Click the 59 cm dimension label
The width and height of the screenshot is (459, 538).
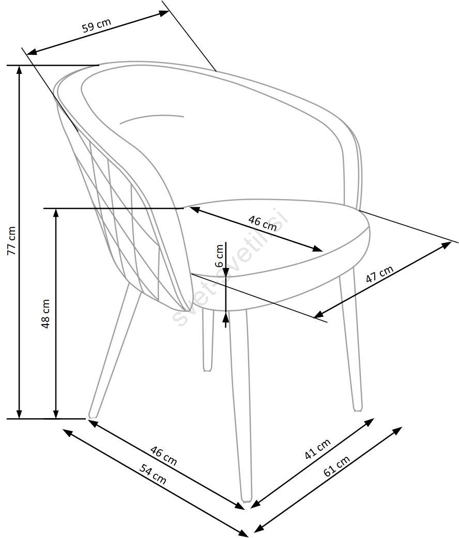[97, 26]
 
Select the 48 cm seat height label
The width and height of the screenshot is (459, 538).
[46, 314]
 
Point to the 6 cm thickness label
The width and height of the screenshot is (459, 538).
[220, 255]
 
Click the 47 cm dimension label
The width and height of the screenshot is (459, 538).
[380, 274]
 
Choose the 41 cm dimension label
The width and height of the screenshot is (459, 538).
[317, 449]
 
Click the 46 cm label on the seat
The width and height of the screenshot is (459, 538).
[263, 223]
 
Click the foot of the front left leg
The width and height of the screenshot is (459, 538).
[93, 414]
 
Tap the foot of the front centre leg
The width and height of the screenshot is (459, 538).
[247, 499]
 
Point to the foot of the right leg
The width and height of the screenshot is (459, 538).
[357, 408]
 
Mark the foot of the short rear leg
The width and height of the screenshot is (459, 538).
[208, 368]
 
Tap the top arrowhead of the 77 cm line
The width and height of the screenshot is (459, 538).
[20, 70]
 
